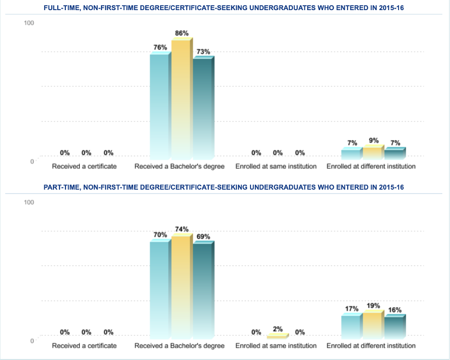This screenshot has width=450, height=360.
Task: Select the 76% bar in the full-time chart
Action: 159,106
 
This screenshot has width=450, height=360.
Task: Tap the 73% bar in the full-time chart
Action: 202,109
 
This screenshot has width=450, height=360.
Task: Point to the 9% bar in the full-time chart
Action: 373,153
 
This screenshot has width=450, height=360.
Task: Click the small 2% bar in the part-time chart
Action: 277,336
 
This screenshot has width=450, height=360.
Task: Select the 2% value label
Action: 278,329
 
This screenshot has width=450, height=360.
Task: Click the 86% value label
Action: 182,33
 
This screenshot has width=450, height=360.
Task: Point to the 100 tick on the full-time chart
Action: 29,23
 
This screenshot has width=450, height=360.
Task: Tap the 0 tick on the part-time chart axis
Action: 32,341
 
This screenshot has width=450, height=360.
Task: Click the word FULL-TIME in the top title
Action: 61,9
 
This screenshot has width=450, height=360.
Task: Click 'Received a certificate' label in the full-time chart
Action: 84,167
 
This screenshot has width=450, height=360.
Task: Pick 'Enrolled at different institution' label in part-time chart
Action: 371,346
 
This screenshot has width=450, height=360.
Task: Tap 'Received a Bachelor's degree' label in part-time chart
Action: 179,346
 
